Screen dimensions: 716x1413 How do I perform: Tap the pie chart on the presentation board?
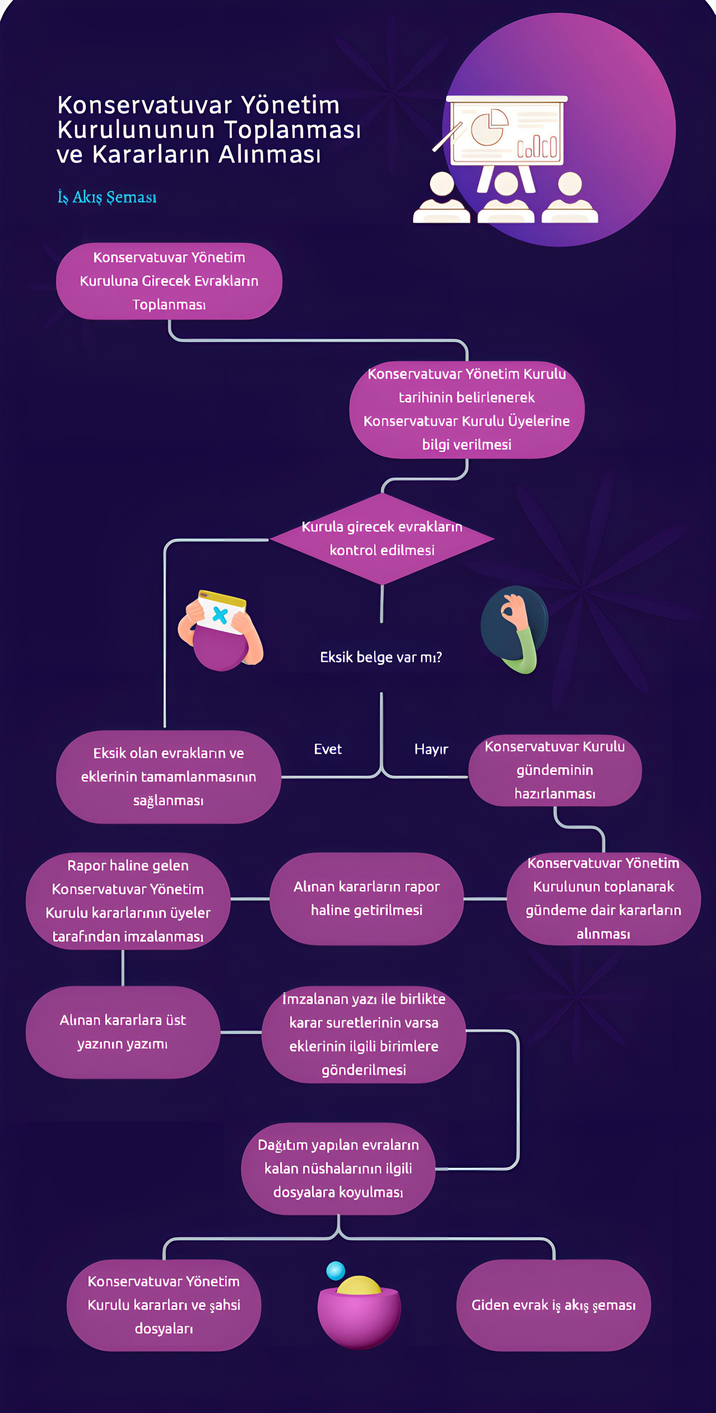coord(489,127)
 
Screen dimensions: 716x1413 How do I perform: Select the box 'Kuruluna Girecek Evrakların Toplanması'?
coord(169,281)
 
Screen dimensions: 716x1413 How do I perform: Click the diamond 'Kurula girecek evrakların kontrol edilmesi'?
coord(382,538)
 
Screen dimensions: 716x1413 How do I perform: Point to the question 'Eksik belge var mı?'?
coord(381,657)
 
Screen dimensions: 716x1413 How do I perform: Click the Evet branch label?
coord(328,749)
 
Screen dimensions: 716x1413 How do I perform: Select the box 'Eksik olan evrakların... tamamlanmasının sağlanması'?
coord(168,777)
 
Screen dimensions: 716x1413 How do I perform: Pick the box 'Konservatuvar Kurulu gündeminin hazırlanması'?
coord(555,770)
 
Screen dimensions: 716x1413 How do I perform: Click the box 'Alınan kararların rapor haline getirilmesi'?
coord(367,899)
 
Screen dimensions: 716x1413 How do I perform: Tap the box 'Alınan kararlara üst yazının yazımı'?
coord(123,1032)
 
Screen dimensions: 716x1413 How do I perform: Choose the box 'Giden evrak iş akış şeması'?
coord(554,1305)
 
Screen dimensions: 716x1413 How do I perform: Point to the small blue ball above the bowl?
coord(335,1271)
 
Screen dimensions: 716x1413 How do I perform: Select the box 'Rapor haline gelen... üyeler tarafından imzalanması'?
coord(128,901)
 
